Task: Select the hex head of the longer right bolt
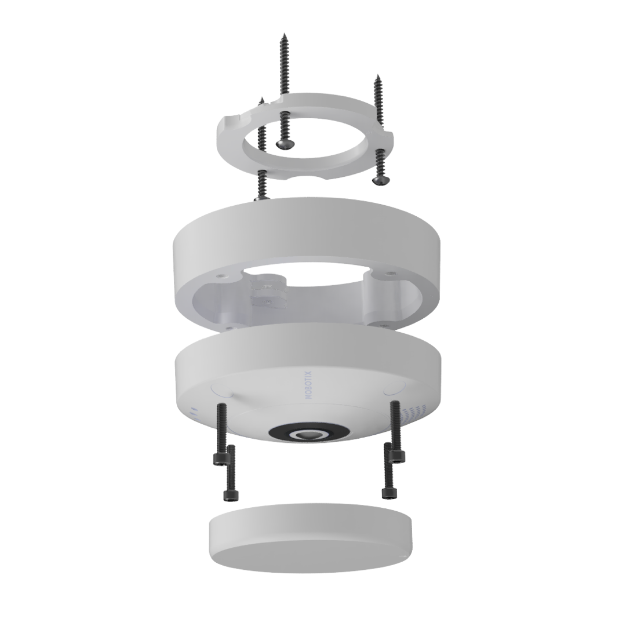[398, 456]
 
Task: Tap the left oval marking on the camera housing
[222, 390]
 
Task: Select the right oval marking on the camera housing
[395, 388]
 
